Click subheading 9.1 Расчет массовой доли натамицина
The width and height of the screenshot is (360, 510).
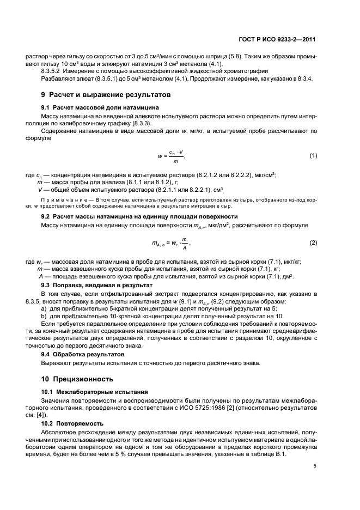click(93, 108)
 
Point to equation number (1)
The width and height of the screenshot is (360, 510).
click(313, 156)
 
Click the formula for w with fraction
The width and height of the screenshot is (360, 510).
click(172, 156)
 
